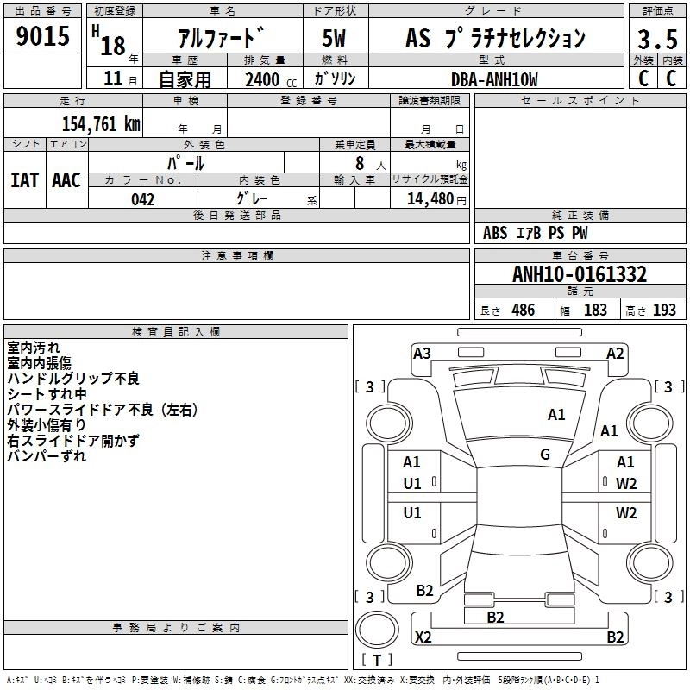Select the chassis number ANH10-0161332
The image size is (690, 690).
[x=580, y=275]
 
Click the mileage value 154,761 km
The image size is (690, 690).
[x=101, y=123]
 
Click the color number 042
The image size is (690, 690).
[x=143, y=199]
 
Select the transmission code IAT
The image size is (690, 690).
[x=24, y=180]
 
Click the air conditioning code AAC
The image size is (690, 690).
[x=66, y=180]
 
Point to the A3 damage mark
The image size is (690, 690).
[x=422, y=353]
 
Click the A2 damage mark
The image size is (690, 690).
[x=615, y=353]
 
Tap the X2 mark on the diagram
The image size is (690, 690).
[x=423, y=637]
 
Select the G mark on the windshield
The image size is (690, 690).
[x=545, y=455]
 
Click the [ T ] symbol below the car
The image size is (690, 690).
[x=376, y=660]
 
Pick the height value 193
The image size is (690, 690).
[x=664, y=310]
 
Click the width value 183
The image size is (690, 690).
[x=595, y=310]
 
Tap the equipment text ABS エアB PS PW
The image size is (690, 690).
[x=536, y=233]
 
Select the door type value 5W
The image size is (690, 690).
[x=334, y=39]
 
